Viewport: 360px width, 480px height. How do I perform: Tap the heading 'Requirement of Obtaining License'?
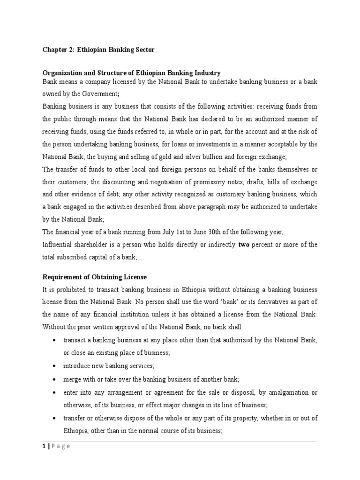point(95,277)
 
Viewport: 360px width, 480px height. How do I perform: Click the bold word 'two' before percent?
point(243,245)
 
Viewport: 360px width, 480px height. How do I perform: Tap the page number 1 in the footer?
point(44,446)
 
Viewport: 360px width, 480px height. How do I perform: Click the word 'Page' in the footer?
point(60,446)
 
